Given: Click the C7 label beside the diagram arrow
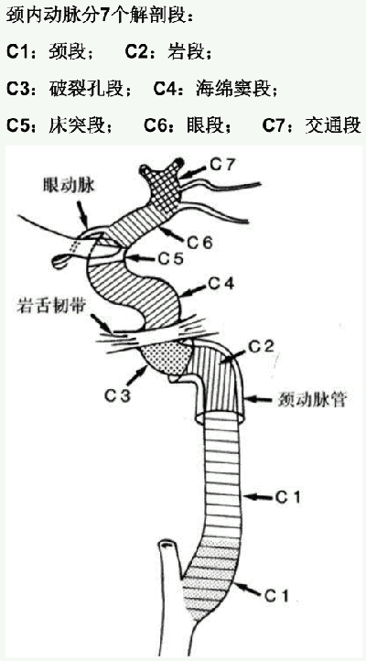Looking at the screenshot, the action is tap(221, 165).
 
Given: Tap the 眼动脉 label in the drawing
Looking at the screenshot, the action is tap(69, 186).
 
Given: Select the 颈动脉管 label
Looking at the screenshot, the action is tap(312, 400).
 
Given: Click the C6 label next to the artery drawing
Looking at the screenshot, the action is tap(200, 242).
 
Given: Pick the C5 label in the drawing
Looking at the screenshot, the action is tap(170, 258).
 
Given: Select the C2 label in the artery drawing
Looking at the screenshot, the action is tap(261, 346).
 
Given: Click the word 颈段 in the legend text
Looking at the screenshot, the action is tap(67, 53).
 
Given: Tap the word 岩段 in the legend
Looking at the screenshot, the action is tap(186, 53).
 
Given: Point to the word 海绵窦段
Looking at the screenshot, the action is tap(232, 89).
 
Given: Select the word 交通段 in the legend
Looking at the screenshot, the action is tap(333, 125).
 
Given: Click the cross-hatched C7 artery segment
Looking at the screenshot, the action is tap(162, 188).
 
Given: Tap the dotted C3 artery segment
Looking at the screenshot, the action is tap(167, 357).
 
